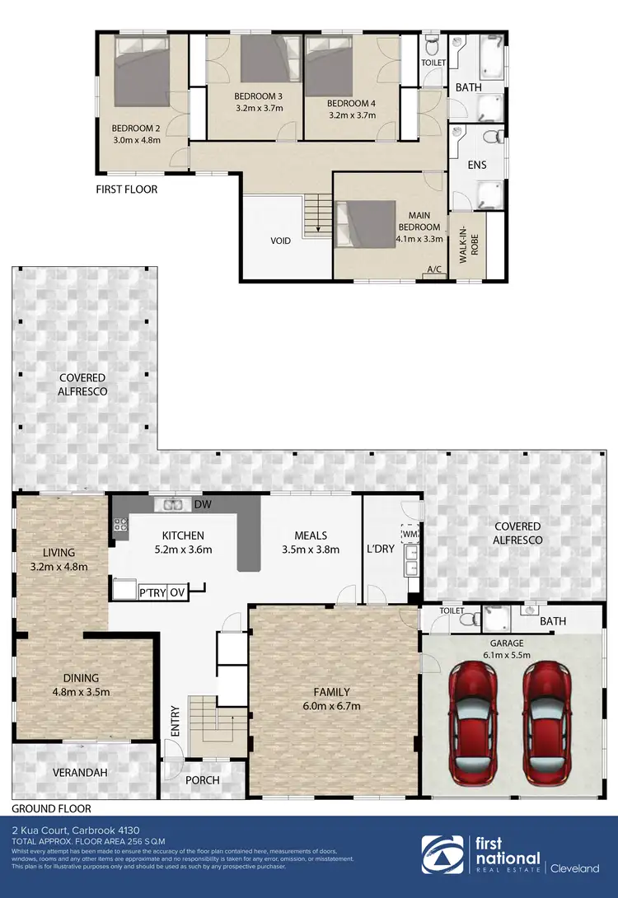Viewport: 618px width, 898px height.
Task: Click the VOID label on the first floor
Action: coord(283,242)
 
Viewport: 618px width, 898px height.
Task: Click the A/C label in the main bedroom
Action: coord(433,269)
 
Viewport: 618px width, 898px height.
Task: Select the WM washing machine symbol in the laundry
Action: coord(410,534)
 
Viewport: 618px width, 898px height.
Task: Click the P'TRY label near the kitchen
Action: coord(152,592)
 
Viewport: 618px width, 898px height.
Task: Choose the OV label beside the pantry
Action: coord(177,592)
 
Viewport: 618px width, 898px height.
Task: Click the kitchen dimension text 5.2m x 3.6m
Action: coord(184,550)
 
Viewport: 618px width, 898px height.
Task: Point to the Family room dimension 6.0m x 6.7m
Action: coord(331,706)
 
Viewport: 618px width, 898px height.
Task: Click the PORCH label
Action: coord(203,780)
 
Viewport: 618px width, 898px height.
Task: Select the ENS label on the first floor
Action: coord(476,165)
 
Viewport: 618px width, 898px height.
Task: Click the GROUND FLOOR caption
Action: coord(51,809)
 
